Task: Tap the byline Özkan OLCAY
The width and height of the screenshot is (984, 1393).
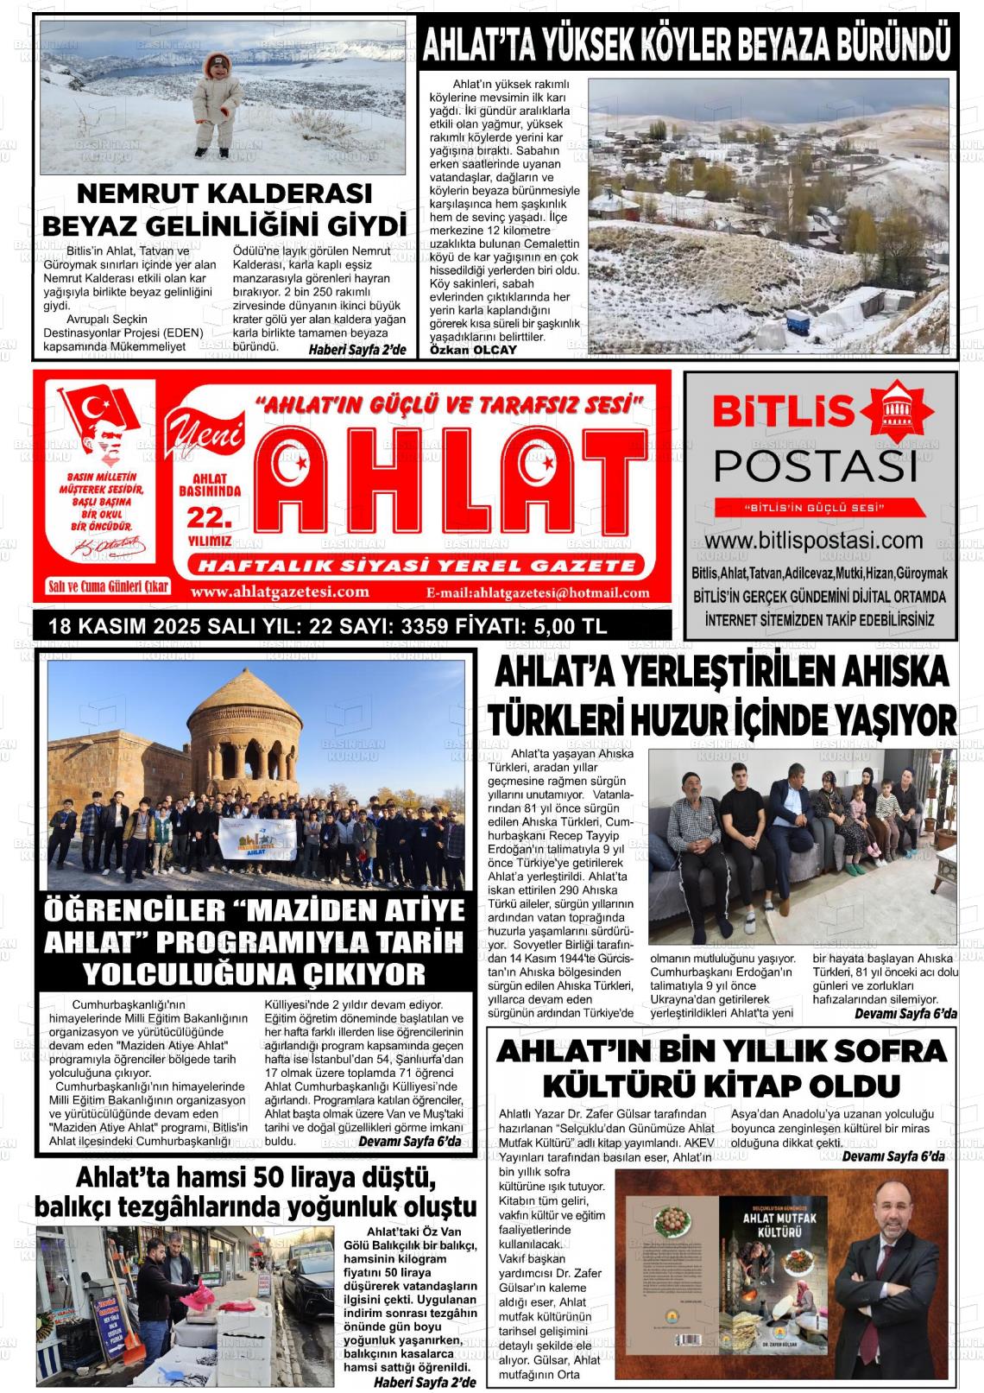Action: [x=473, y=350]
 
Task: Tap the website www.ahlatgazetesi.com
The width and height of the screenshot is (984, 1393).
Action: [x=280, y=592]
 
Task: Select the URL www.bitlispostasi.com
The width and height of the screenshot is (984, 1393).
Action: [x=819, y=541]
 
